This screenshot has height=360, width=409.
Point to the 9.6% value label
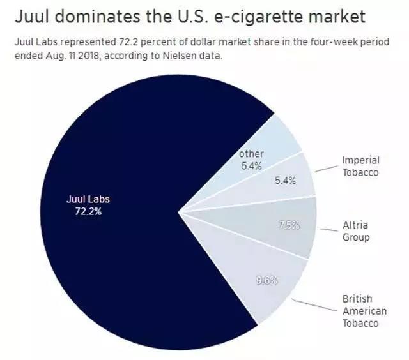266,279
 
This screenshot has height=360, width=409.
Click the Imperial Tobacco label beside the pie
360,166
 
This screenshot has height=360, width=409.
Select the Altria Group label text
356,231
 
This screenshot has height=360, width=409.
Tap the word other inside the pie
251,154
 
